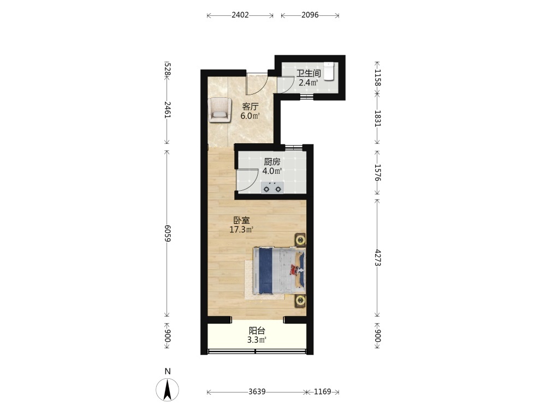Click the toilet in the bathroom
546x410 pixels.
point(329,72)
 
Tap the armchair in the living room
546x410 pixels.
point(219,110)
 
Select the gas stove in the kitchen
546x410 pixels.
point(272,188)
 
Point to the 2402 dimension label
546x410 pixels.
point(240,15)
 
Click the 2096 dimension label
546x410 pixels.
point(310,15)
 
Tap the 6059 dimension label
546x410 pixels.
point(168,233)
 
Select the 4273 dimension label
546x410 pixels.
point(378,257)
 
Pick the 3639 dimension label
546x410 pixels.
point(257,391)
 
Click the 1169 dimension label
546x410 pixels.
point(323,391)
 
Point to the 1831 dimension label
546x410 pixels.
point(378,119)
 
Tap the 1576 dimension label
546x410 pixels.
point(378,173)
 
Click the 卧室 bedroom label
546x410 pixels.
point(241,220)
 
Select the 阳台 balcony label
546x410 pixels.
point(257,331)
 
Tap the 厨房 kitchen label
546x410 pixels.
point(272,162)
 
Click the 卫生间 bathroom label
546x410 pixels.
point(308,73)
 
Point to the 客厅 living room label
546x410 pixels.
point(250,107)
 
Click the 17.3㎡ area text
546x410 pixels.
point(241,230)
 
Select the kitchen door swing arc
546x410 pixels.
point(252,183)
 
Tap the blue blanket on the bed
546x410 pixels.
point(265,271)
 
